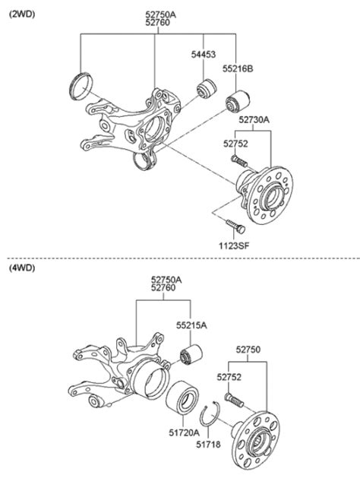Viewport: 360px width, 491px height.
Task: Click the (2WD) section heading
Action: [x=23, y=13]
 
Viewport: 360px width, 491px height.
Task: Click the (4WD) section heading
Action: [x=23, y=268]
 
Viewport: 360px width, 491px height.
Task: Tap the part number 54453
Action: [x=203, y=55]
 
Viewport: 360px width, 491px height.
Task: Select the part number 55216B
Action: [x=238, y=68]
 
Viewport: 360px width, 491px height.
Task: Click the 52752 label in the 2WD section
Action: [x=235, y=142]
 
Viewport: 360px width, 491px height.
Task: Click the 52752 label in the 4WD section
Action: [x=229, y=375]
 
